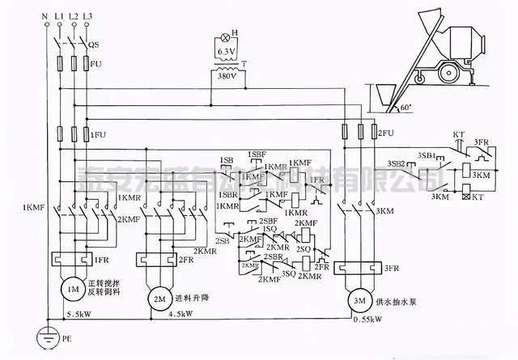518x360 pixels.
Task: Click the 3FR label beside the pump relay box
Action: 391,268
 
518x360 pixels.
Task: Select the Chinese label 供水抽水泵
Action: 401,302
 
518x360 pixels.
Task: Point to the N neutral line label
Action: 35,15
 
